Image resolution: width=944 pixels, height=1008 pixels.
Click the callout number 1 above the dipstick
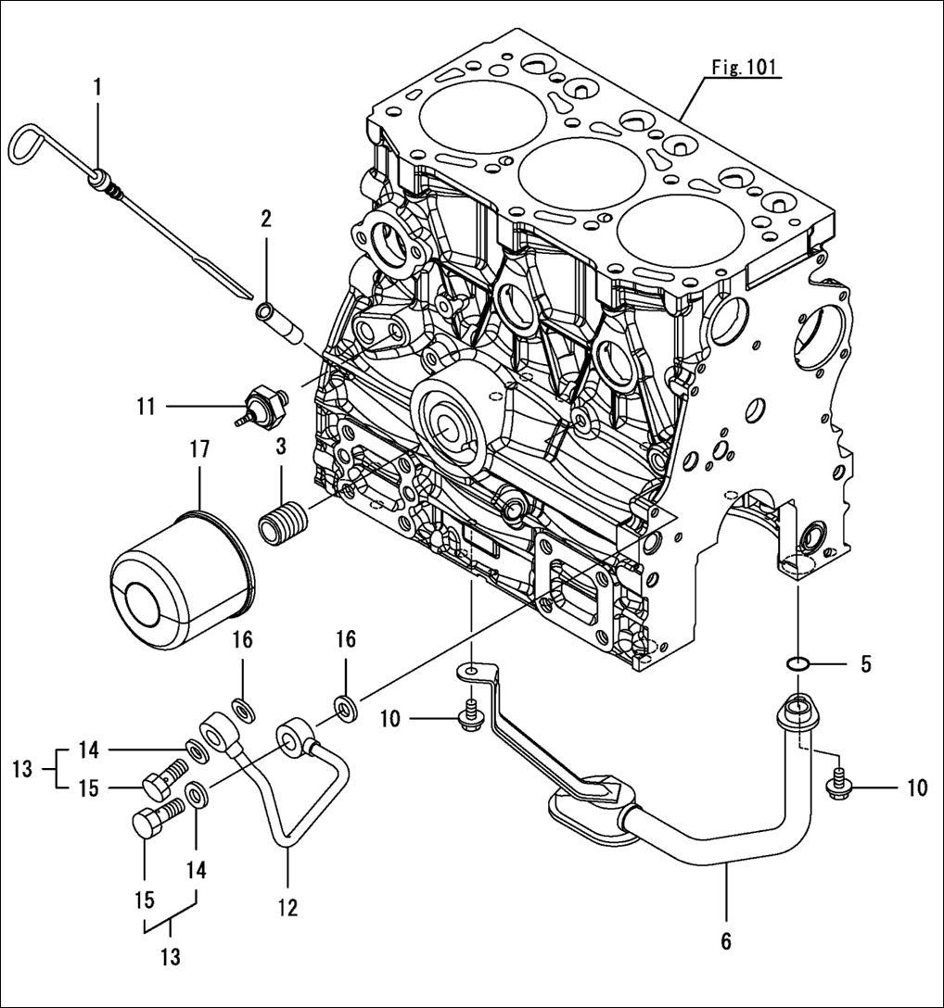coord(97,89)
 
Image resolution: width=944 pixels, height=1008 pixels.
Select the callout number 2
coord(266,220)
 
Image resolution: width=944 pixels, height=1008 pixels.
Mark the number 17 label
coord(200,449)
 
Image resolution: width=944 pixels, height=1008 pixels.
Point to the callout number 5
coord(865,663)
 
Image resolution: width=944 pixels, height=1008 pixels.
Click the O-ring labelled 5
coord(797,663)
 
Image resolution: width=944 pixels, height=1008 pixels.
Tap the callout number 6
coord(726,941)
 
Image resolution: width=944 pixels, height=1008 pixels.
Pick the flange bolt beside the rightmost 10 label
coord(838,787)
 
